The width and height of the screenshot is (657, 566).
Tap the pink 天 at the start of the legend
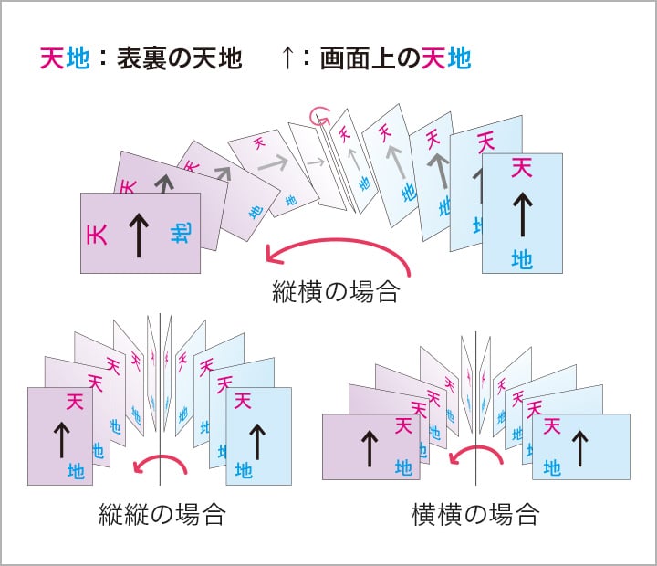[x=51, y=59]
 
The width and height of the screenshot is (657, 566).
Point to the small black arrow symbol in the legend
[x=287, y=59]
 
